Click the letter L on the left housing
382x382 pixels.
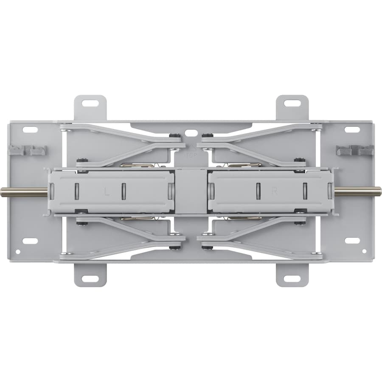pyautogui.click(x=107, y=191)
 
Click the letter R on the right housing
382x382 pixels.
pyautogui.click(x=274, y=191)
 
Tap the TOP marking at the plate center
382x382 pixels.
pyautogui.click(x=191, y=154)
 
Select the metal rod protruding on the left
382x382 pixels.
pyautogui.click(x=24, y=192)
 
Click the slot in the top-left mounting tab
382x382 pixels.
pyautogui.click(x=90, y=103)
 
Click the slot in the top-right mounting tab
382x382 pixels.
pyautogui.click(x=292, y=103)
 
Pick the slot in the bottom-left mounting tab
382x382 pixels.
pyautogui.click(x=90, y=278)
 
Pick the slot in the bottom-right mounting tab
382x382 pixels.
pyautogui.click(x=292, y=278)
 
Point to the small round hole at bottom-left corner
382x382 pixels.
pyautogui.click(x=17, y=251)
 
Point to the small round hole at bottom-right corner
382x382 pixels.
pyautogui.click(x=364, y=251)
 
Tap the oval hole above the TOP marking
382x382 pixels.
pyautogui.click(x=191, y=133)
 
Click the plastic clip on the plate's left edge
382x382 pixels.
pyautogui.click(x=27, y=150)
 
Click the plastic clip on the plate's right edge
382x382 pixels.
pyautogui.click(x=355, y=150)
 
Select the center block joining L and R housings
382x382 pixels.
pyautogui.click(x=191, y=191)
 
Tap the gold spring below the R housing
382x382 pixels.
pyautogui.click(x=245, y=218)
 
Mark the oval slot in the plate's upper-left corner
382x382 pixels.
pyautogui.click(x=30, y=129)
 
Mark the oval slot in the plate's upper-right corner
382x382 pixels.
pyautogui.click(x=352, y=129)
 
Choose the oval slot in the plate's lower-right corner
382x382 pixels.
pyautogui.click(x=352, y=241)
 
